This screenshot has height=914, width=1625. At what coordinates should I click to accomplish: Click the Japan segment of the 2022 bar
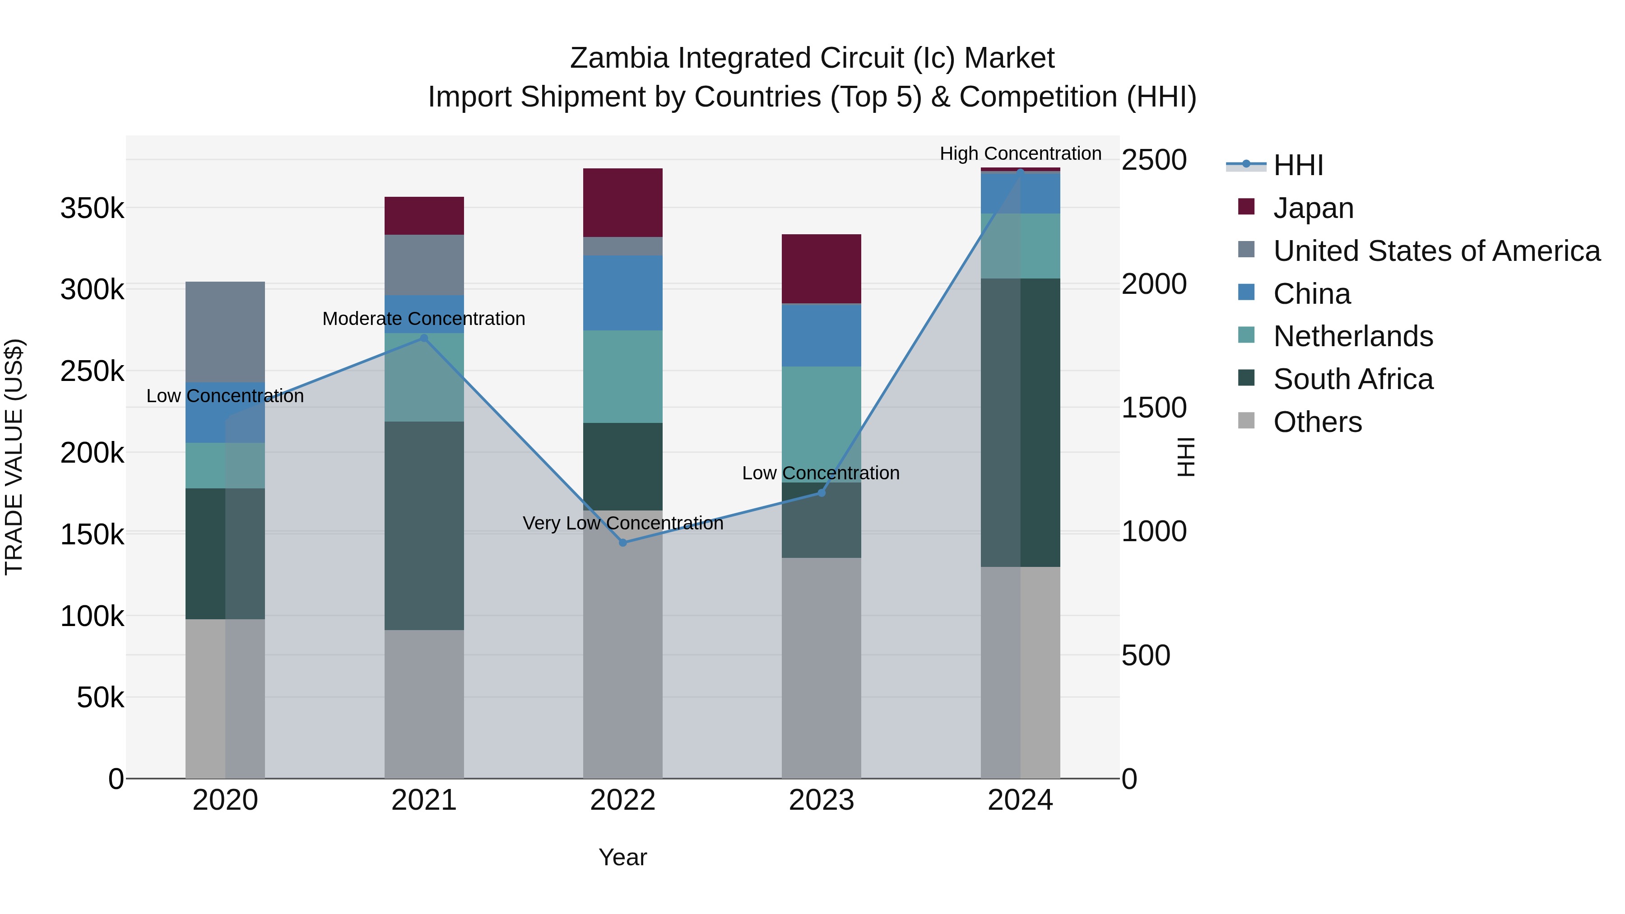pyautogui.click(x=622, y=203)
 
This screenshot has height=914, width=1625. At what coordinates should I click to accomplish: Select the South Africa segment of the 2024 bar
pyautogui.click(x=1020, y=422)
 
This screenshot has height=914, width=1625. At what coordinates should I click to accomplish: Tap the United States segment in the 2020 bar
pyautogui.click(x=225, y=332)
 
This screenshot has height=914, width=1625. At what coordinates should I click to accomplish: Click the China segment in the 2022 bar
pyautogui.click(x=622, y=292)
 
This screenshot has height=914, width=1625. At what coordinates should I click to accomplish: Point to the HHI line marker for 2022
pyautogui.click(x=622, y=543)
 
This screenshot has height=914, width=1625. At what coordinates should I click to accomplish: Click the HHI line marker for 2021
pyautogui.click(x=424, y=338)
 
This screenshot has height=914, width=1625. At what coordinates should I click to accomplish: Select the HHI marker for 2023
pyautogui.click(x=822, y=492)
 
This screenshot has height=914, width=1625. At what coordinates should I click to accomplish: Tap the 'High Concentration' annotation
pyautogui.click(x=1020, y=153)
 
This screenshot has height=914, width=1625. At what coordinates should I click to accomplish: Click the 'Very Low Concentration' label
pyautogui.click(x=622, y=523)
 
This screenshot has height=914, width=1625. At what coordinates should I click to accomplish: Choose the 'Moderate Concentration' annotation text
pyautogui.click(x=423, y=319)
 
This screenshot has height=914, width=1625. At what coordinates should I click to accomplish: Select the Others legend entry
pyautogui.click(x=1317, y=422)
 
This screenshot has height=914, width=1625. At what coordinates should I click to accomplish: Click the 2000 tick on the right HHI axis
pyautogui.click(x=1154, y=284)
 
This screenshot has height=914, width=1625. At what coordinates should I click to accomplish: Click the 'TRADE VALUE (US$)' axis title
pyautogui.click(x=14, y=457)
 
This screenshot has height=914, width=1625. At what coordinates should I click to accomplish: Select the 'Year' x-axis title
pyautogui.click(x=622, y=857)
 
